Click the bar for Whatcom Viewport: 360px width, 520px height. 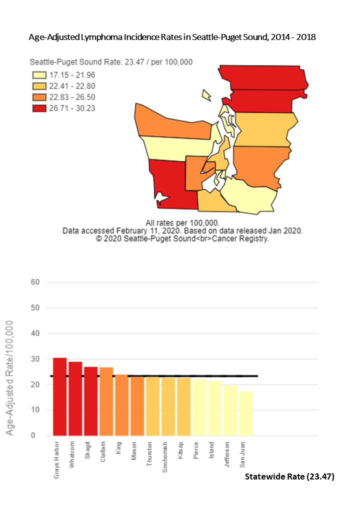[75, 398]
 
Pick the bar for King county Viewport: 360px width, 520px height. [121, 405]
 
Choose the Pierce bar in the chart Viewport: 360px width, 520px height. [199, 407]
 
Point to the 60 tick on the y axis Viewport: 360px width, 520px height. [35, 282]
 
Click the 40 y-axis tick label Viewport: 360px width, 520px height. [35, 333]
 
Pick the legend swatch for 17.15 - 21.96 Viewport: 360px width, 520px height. [38, 75]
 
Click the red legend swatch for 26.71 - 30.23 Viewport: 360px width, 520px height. [38, 108]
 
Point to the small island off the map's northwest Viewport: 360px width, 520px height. [206, 95]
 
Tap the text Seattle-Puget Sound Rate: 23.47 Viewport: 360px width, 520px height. [95, 62]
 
